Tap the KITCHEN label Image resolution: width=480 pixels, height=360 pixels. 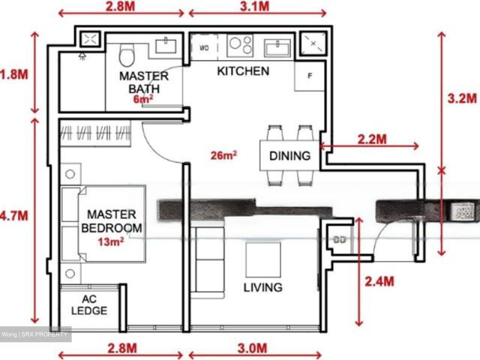click(243, 71)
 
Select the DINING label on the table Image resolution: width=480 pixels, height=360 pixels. click(289, 157)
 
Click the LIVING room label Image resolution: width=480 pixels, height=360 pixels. click(262, 287)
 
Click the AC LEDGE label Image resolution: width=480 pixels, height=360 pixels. click(89, 305)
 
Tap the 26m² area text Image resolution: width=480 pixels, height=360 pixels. click(224, 155)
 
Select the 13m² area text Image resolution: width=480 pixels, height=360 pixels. click(111, 241)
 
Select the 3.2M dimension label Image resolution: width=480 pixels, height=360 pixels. click(462, 98)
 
